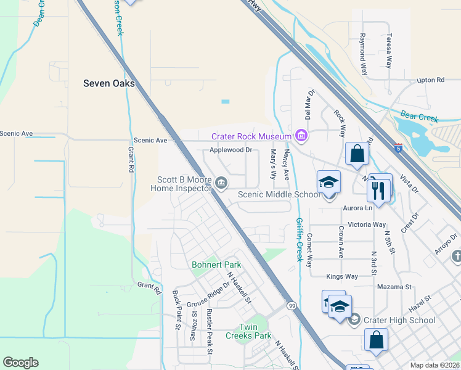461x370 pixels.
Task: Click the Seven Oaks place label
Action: [x=109, y=83]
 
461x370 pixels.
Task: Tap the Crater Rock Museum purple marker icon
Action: [x=301, y=136]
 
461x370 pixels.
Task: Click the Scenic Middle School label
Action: [x=279, y=195]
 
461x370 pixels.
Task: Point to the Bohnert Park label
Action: [x=216, y=265]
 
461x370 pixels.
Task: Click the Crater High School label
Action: [x=399, y=320]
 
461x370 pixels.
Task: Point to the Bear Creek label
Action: [x=418, y=116]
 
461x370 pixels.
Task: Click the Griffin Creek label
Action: [x=299, y=239]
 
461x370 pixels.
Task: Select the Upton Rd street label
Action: [x=430, y=80]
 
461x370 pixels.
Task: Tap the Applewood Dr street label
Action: [x=231, y=150]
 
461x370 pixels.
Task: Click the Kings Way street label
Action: [x=342, y=277]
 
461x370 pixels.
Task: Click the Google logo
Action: [x=20, y=363]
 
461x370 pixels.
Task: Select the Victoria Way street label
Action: [x=367, y=225]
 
